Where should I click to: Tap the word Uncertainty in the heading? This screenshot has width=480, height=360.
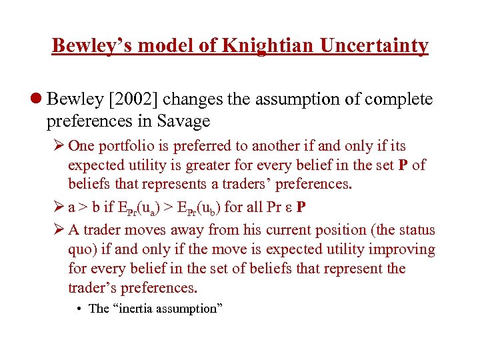pyautogui.click(x=375, y=45)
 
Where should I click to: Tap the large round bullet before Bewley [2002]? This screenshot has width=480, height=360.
pyautogui.click(x=37, y=100)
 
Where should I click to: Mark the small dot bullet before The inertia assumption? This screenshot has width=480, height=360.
pyautogui.click(x=79, y=308)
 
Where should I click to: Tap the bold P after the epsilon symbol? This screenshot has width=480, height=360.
pyautogui.click(x=301, y=207)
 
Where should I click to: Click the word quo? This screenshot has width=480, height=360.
pyautogui.click(x=81, y=249)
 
